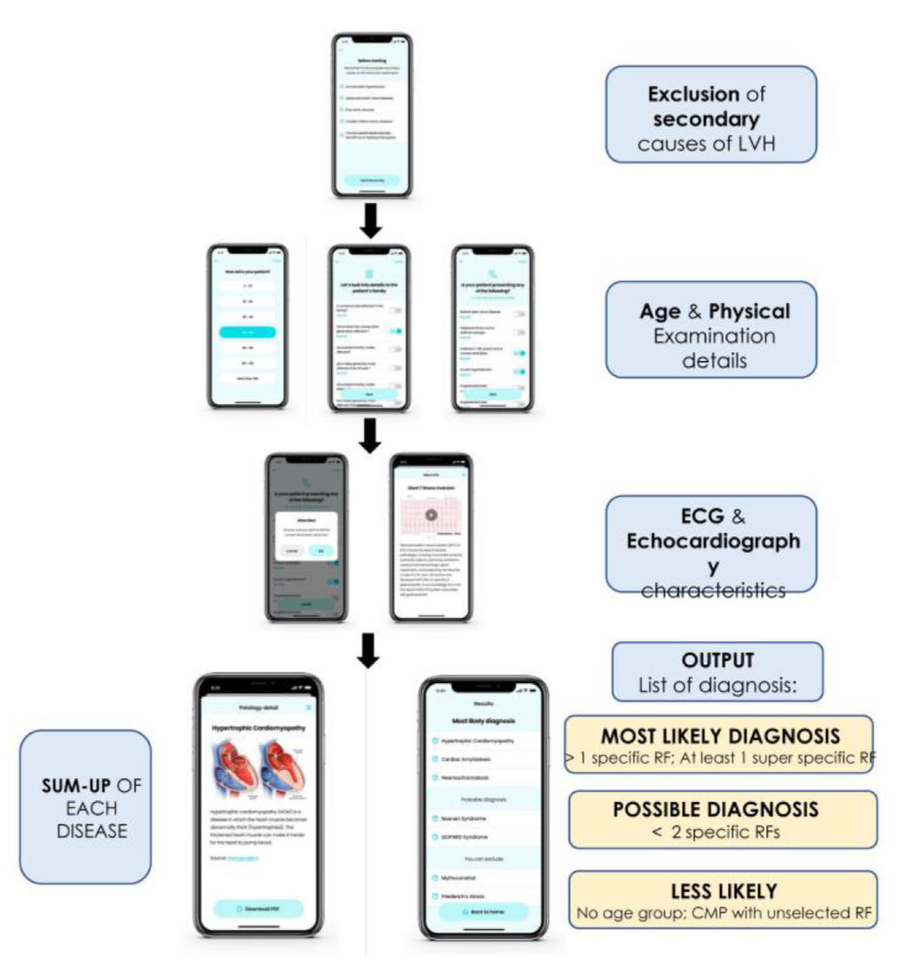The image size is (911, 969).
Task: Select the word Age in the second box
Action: tap(660, 311)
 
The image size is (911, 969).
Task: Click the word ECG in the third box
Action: tap(702, 516)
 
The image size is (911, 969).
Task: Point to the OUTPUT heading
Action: tap(718, 660)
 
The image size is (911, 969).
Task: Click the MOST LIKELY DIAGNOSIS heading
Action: tap(720, 736)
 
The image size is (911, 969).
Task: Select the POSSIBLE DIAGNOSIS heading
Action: tap(716, 809)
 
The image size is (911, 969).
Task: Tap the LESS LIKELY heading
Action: tap(724, 891)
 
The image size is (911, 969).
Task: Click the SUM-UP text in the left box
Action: tap(75, 787)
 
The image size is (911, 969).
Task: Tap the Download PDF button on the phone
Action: tap(258, 909)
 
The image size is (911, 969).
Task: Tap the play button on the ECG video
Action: tap(432, 515)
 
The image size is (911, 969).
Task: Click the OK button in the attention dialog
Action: tap(321, 551)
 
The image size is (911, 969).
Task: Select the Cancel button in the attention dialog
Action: tap(292, 551)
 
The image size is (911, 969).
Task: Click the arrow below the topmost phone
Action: tap(371, 221)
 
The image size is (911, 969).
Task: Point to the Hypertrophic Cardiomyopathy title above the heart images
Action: tap(258, 728)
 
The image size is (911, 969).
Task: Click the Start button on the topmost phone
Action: tap(372, 181)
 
